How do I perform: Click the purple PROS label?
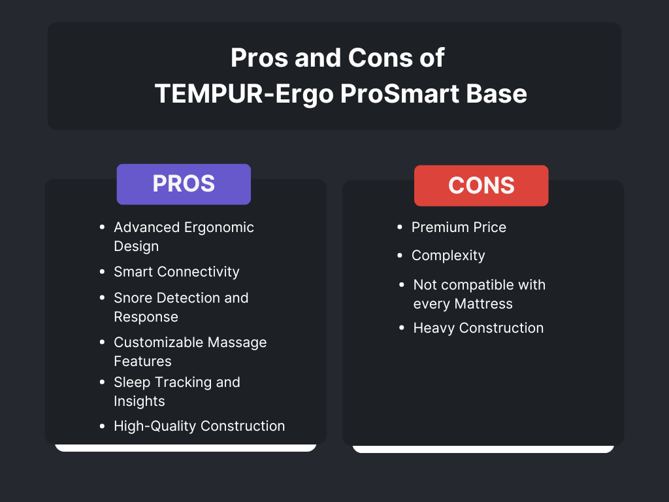[184, 184]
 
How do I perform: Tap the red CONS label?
[481, 186]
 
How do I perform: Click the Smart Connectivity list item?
[176, 271]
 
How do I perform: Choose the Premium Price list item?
[459, 227]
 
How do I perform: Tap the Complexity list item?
[448, 255]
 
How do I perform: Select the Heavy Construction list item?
[478, 327]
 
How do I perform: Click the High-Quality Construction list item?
[199, 426]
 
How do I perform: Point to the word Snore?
[133, 297]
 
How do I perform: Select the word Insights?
[139, 401]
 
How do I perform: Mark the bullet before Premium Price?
[400, 227]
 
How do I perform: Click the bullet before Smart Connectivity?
[102, 271]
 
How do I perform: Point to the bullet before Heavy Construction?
[402, 327]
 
